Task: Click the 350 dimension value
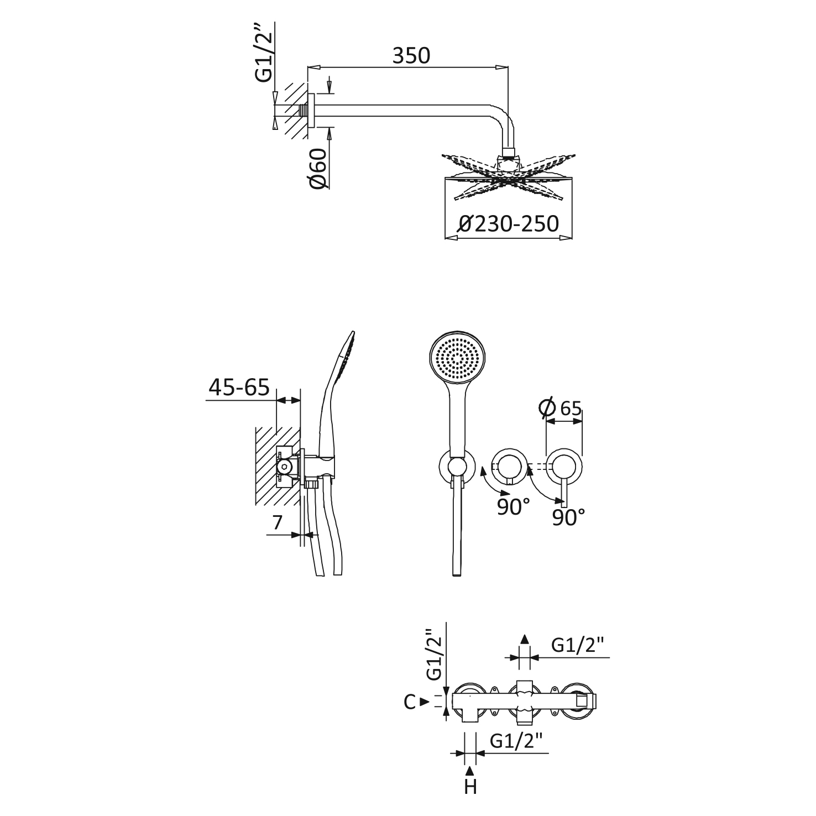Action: tap(411, 56)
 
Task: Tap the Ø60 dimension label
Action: tap(319, 168)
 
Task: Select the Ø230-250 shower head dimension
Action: tap(509, 224)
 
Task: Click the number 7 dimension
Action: tap(278, 522)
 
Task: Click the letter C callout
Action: tap(409, 702)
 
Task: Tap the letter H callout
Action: tap(470, 786)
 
